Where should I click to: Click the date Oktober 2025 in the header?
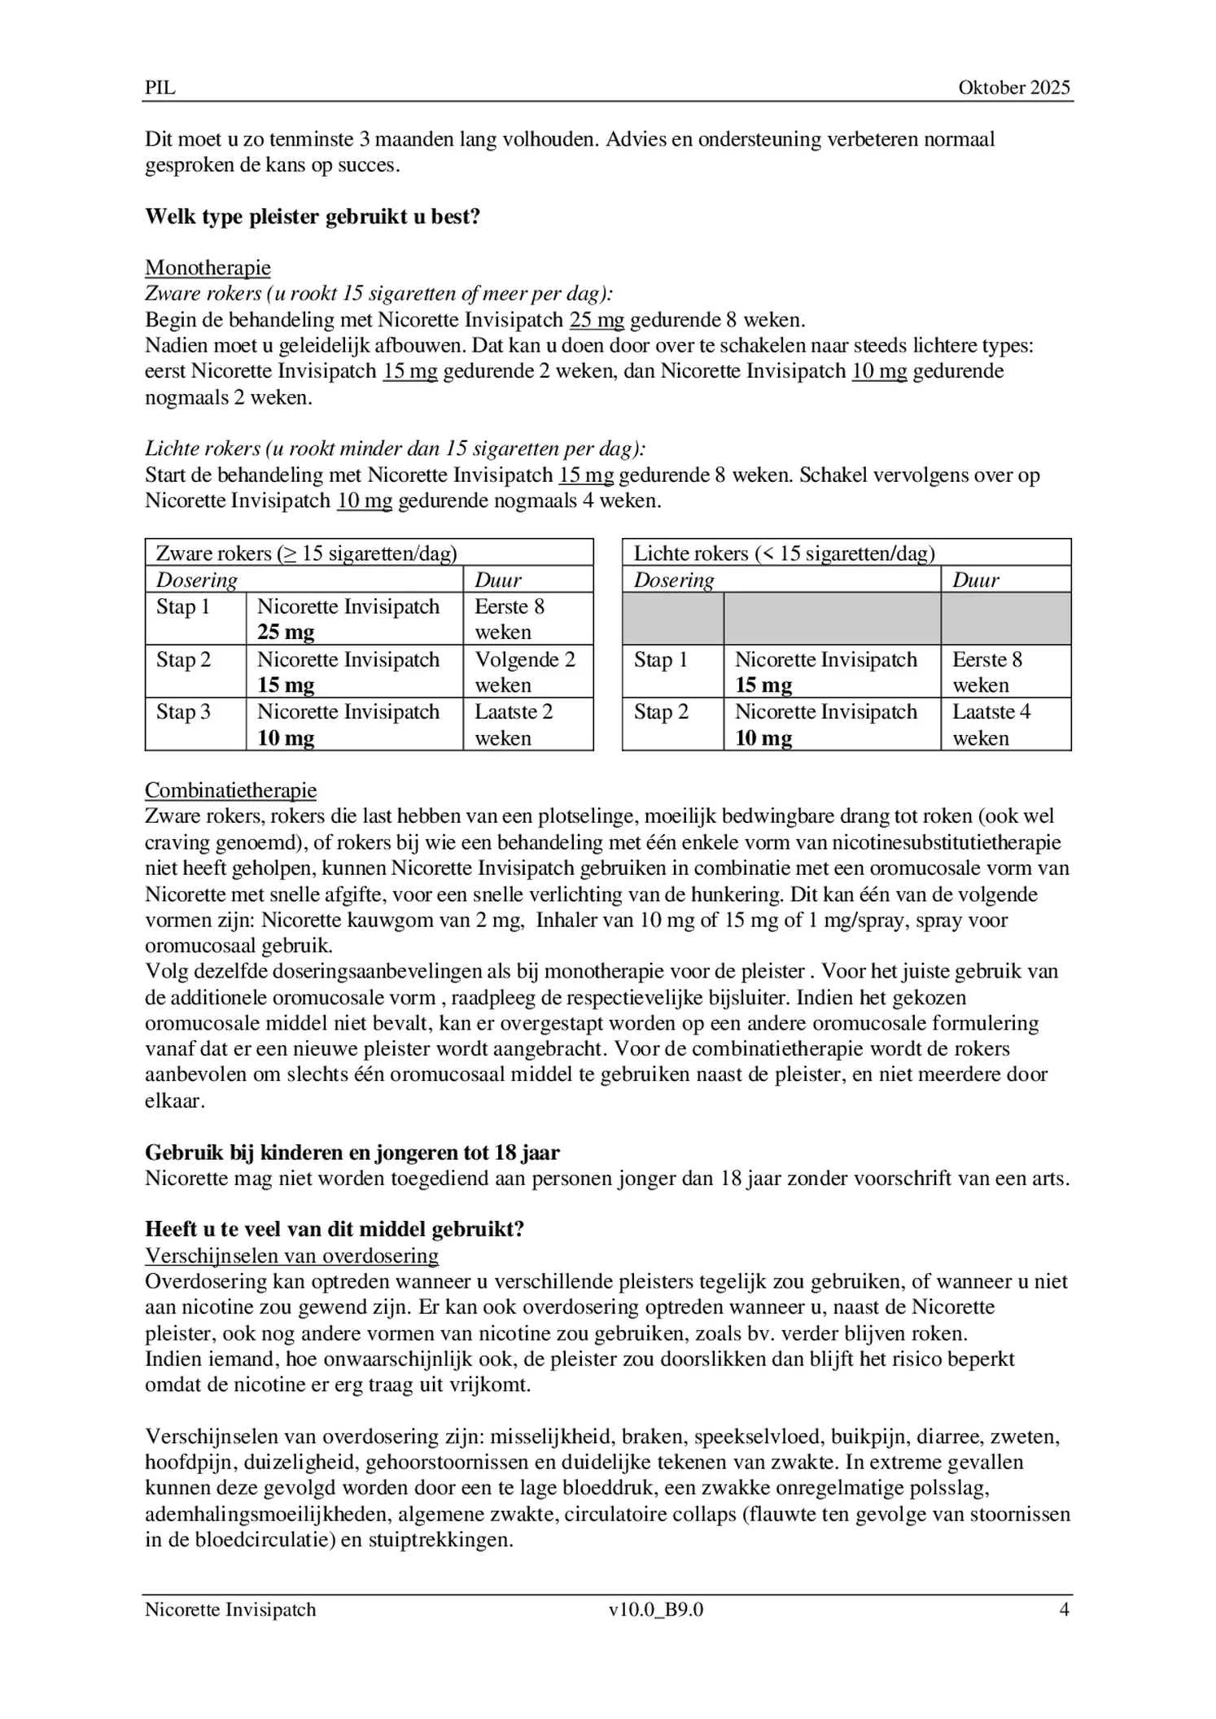point(1013,88)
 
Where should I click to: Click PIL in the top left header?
point(160,88)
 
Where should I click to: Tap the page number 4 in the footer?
point(1064,1609)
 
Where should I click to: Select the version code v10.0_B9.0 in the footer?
point(656,1609)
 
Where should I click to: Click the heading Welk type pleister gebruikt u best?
point(313,217)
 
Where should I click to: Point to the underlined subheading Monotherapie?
point(208,268)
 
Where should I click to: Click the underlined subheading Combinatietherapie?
point(230,790)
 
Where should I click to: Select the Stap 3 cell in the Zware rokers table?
point(184,712)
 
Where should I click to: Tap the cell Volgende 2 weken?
point(525,671)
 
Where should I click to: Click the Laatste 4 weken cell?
point(991,724)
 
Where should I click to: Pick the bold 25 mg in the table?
point(286,632)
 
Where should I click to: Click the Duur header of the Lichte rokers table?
point(975,580)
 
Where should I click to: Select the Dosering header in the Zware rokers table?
point(197,580)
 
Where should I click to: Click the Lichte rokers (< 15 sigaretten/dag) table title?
point(784,553)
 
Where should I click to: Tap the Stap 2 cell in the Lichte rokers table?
point(661,712)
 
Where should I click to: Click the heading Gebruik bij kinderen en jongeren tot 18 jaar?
point(352,1153)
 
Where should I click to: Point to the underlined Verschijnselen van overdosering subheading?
point(291,1256)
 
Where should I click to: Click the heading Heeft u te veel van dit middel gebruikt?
point(335,1229)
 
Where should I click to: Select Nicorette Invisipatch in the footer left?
point(230,1609)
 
